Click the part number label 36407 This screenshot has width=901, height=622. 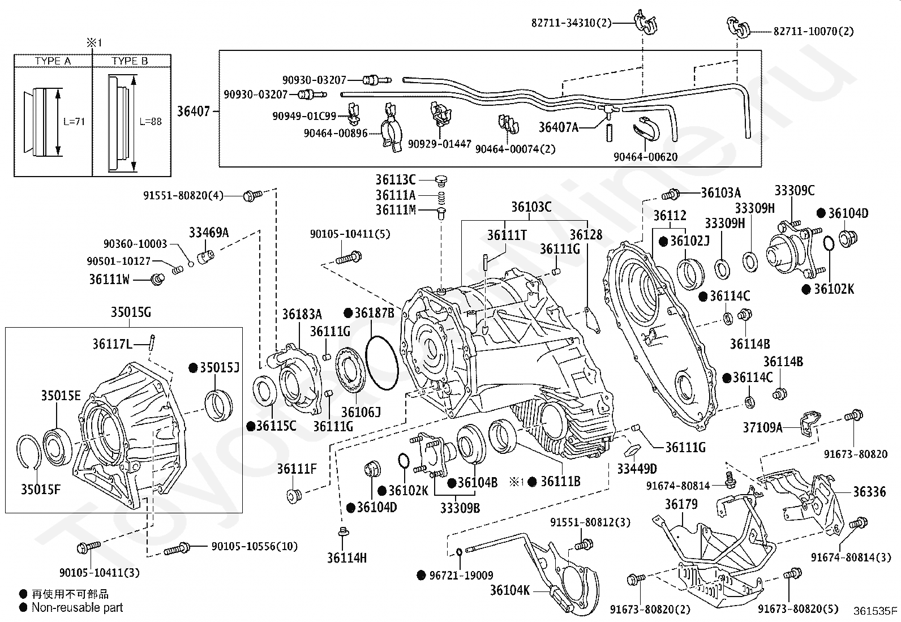pos(194,111)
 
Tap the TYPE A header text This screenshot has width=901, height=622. pos(53,61)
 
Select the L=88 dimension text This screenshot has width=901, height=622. pos(151,121)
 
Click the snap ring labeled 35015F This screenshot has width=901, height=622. pos(28,452)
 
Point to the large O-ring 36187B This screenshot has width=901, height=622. pos(381,363)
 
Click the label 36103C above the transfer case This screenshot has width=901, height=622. pos(531,207)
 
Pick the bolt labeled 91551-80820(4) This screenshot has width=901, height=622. pos(252,195)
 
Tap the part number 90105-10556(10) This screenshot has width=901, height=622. pos(255,546)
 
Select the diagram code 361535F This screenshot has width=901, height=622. pos(876,611)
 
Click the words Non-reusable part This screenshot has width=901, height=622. pos(77,607)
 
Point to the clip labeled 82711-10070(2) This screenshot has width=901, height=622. pos(739,28)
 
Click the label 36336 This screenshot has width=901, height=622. pos(869,491)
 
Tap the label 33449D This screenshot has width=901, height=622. pos(637,468)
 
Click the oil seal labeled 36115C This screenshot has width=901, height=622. pos(265,391)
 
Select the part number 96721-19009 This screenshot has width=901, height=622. pos(461,576)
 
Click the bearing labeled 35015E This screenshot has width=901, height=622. pos(57,447)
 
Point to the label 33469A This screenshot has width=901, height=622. pos(209,232)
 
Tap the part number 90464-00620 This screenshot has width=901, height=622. pos(645,157)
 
